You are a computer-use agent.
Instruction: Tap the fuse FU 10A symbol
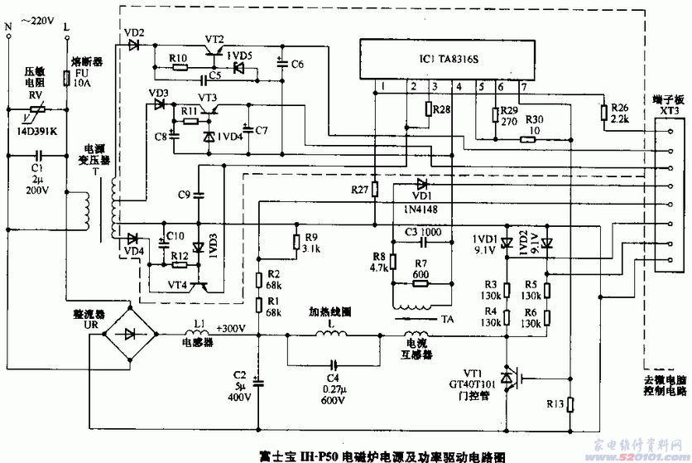point(66,79)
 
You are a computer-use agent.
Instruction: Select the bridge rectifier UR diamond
point(130,335)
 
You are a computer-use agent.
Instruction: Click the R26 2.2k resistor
point(603,112)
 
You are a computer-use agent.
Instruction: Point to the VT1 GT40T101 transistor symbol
point(513,379)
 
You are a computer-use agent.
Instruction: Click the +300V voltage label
point(232,329)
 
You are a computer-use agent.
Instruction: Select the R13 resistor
point(570,406)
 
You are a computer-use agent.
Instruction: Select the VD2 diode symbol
point(133,45)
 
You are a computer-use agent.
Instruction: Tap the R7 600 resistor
point(420,282)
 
